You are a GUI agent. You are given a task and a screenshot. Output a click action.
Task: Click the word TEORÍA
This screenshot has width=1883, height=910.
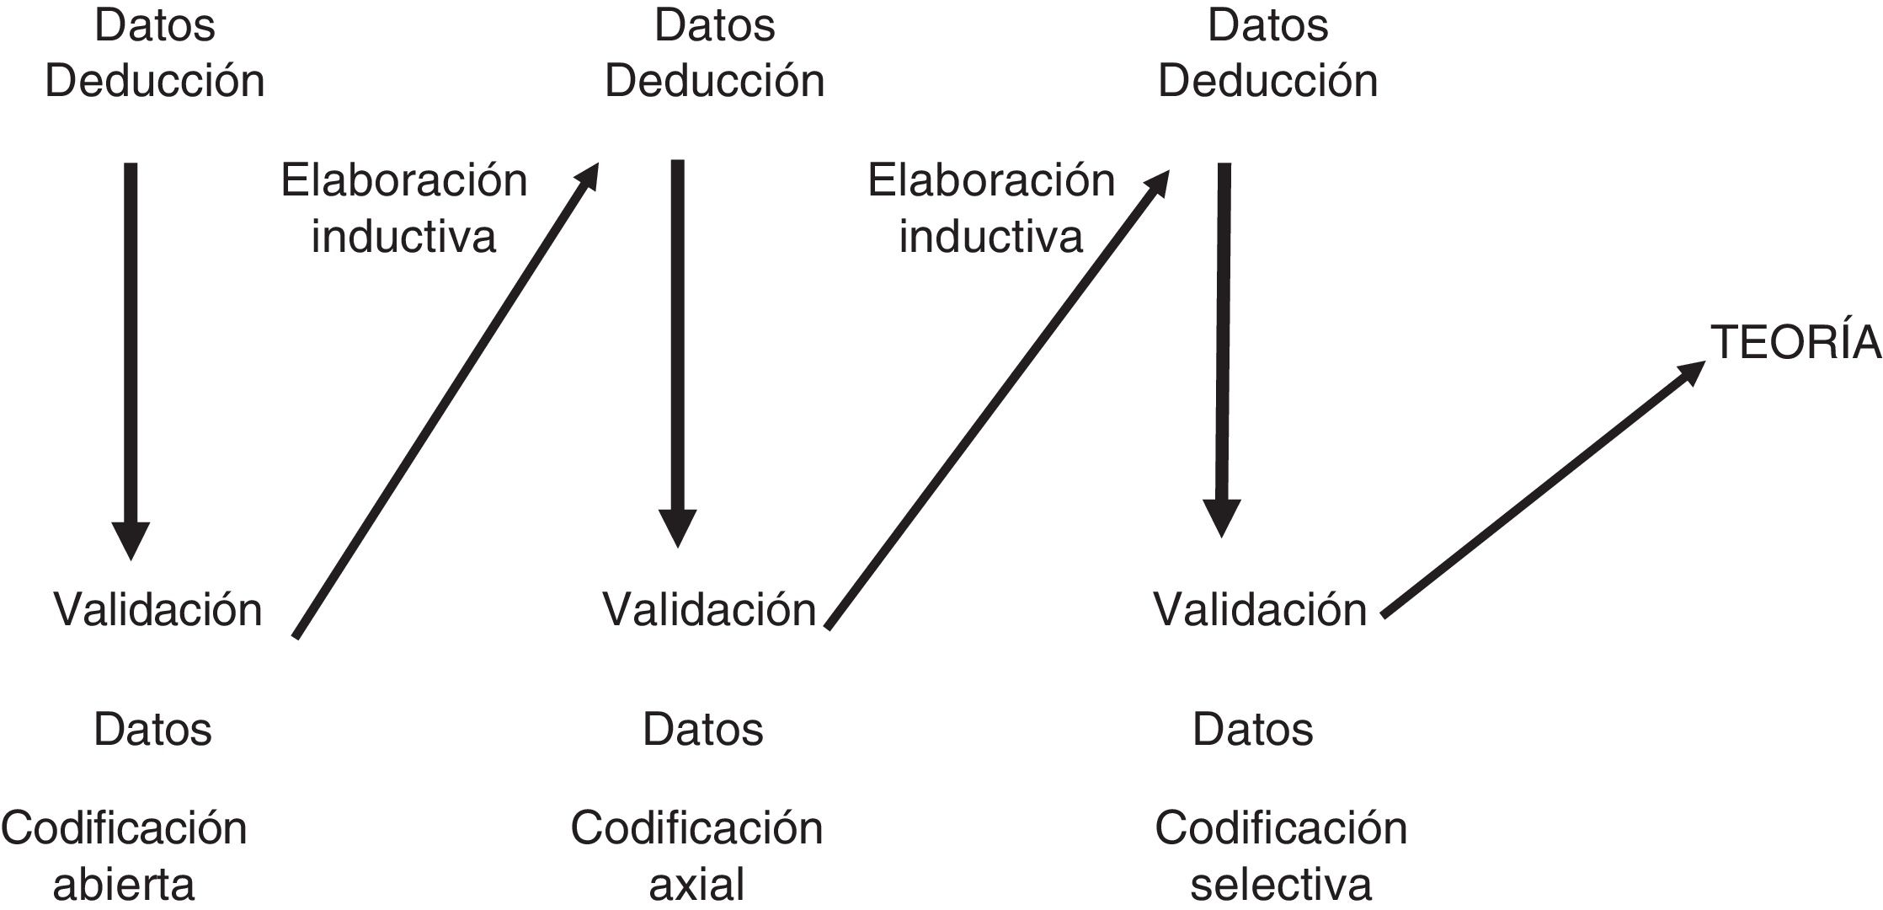pyautogui.click(x=1795, y=344)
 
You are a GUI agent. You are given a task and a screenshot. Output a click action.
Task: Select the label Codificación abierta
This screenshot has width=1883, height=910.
pyautogui.click(x=124, y=855)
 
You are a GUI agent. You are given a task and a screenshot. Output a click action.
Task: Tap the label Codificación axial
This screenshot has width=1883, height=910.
pyautogui.click(x=696, y=855)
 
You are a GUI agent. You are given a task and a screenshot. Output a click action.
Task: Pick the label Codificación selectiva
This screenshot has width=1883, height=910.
pyautogui.click(x=1280, y=855)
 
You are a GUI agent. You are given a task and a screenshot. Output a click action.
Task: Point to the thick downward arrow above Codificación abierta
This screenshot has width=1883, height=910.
pyautogui.click(x=131, y=354)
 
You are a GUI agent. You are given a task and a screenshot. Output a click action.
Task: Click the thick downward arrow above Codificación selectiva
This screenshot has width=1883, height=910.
pyautogui.click(x=1223, y=345)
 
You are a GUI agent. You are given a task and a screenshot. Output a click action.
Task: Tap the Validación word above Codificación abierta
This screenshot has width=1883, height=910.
pyautogui.click(x=158, y=608)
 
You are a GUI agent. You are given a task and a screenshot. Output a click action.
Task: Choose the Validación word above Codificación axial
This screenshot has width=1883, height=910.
pyautogui.click(x=709, y=608)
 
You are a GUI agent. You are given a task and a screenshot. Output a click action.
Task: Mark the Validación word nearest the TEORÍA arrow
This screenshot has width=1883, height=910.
pyautogui.click(x=1260, y=608)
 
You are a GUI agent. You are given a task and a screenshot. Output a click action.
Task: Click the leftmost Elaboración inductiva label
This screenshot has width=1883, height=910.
pyautogui.click(x=404, y=208)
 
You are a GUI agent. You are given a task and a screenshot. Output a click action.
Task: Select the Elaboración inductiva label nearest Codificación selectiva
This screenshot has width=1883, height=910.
pyautogui.click(x=991, y=208)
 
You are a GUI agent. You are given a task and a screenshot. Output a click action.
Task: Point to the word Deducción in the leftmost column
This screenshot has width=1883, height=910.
pyautogui.click(x=155, y=82)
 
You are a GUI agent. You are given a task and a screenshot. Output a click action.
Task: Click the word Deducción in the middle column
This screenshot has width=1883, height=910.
pyautogui.click(x=715, y=82)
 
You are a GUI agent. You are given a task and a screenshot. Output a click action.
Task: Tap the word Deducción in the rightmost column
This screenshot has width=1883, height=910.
pyautogui.click(x=1268, y=82)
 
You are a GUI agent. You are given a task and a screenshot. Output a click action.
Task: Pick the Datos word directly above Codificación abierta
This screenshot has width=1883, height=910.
pyautogui.click(x=152, y=729)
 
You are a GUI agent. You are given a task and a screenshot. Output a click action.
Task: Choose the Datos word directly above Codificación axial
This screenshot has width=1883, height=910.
pyautogui.click(x=702, y=729)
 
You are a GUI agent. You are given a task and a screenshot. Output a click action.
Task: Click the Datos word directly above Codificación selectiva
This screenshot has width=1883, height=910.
pyautogui.click(x=1252, y=729)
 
